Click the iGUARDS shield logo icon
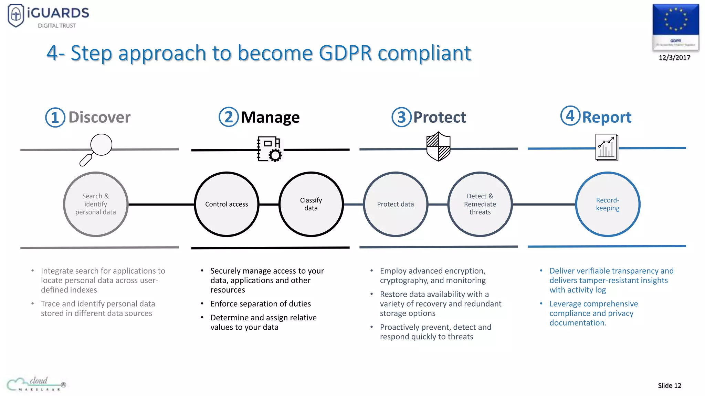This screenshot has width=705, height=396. (16, 15)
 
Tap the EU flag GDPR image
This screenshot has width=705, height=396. (675, 27)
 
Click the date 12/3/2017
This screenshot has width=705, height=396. (674, 58)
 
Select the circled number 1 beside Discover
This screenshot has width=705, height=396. (55, 118)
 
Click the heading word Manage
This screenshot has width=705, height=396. (270, 118)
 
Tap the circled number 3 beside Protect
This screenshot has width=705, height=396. (401, 118)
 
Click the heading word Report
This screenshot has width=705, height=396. (607, 118)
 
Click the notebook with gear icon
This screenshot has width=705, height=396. (270, 149)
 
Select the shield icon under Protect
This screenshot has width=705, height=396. (438, 147)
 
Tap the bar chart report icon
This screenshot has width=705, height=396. (607, 148)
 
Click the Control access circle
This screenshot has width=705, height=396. (227, 204)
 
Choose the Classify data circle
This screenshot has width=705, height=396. (311, 204)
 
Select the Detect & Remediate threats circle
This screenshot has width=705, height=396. (480, 204)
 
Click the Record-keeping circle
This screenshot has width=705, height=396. (608, 204)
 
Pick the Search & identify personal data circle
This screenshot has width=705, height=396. (96, 204)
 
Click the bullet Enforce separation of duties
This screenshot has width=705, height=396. (261, 304)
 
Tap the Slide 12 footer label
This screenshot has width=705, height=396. (669, 386)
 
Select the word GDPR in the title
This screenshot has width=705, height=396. (345, 53)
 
